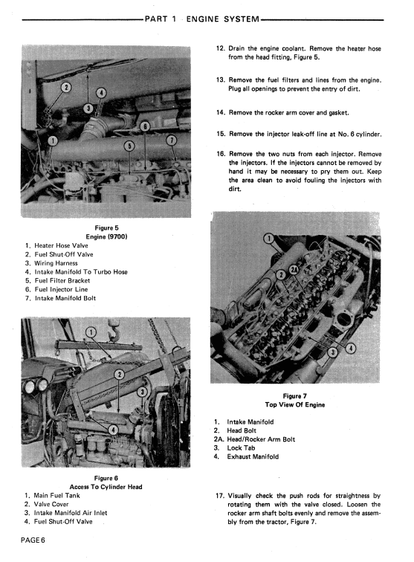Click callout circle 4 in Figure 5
(101, 93)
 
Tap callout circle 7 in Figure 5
(172, 140)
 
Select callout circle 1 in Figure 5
(53, 140)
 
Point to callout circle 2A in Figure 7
(293, 271)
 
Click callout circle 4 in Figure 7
(351, 348)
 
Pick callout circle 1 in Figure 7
(269, 239)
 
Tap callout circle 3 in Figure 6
(142, 392)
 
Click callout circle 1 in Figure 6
(91, 332)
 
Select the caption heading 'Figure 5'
(106, 228)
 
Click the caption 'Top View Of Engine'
(295, 404)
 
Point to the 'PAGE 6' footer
(33, 540)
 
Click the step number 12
(220, 48)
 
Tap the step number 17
(220, 496)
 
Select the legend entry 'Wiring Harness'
(56, 263)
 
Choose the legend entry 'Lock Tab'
(241, 448)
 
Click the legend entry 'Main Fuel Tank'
(56, 495)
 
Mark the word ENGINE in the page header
(202, 19)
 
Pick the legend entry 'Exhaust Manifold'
(253, 456)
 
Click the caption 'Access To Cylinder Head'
(106, 487)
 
